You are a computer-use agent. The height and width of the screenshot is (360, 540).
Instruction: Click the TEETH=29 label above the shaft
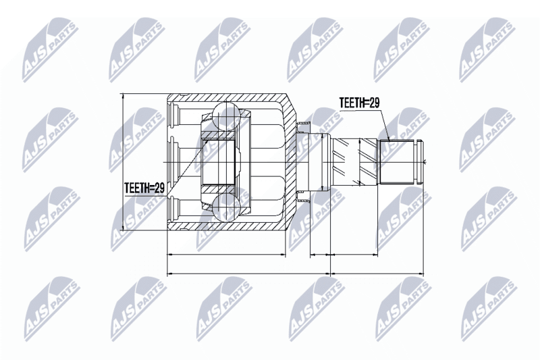click(x=359, y=103)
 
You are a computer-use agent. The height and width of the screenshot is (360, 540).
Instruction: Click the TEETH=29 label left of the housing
click(x=144, y=188)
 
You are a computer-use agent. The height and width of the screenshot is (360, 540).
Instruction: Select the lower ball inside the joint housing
click(x=226, y=207)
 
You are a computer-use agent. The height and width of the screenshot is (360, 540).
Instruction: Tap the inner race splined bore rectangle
click(x=218, y=161)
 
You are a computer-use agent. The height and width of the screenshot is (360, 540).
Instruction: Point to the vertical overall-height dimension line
click(x=123, y=162)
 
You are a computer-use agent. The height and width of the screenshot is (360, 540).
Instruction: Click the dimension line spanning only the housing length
click(x=226, y=255)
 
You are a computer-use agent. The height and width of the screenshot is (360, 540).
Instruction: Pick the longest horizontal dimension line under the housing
click(x=248, y=274)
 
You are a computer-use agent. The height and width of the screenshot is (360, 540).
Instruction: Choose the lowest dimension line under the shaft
click(x=377, y=274)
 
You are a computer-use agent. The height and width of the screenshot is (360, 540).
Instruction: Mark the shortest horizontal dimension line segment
click(x=320, y=255)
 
